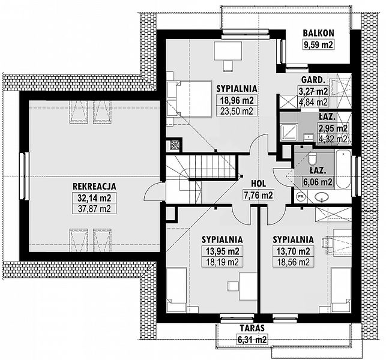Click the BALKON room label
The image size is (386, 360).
pos(318,33)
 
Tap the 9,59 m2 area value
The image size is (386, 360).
pos(318,44)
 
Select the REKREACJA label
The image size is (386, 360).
pos(94,186)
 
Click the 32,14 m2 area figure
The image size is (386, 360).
pos(94,197)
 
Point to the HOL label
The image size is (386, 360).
pos(258,184)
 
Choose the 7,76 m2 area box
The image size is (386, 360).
pos(258,195)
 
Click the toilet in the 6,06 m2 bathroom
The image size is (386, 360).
pos(313,158)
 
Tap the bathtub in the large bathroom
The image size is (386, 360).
pos(343,169)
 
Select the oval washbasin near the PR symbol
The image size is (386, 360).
pos(322,197)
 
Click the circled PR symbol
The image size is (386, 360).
pos(301,196)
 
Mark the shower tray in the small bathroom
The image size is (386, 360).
pos(289,132)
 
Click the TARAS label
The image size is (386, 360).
pos(252,328)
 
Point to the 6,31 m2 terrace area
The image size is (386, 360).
pos(252,340)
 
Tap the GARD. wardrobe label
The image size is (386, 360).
pos(312,80)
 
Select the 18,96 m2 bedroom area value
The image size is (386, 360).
pos(237,100)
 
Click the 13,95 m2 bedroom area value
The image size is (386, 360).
pos(223,251)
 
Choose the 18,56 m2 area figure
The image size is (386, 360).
pos(294,262)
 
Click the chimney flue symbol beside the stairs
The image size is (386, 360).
pos(175,145)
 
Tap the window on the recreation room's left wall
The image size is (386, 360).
pos(24,176)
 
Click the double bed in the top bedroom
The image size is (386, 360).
pos(190,99)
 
